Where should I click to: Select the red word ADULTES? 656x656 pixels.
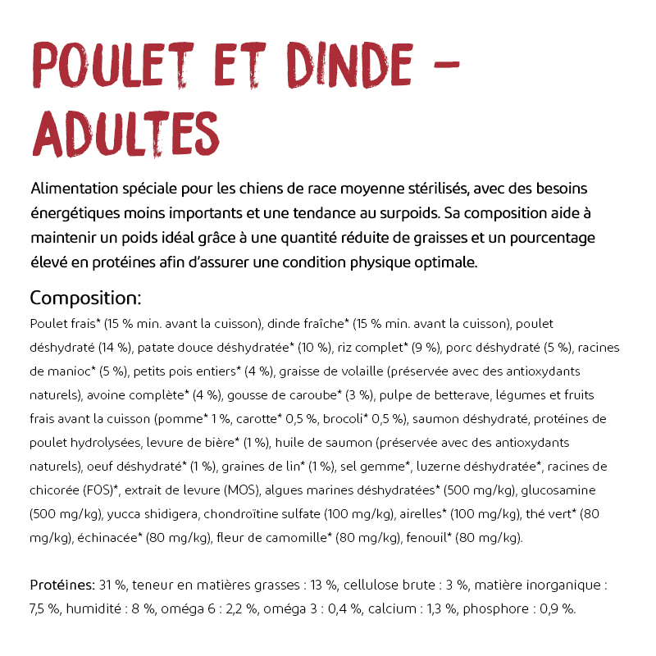(x=126, y=134)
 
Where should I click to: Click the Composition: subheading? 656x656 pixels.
(x=85, y=298)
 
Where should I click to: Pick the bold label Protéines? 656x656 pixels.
(x=62, y=585)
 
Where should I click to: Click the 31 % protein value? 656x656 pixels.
(x=112, y=585)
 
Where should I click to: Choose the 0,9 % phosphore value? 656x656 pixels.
(x=558, y=609)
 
